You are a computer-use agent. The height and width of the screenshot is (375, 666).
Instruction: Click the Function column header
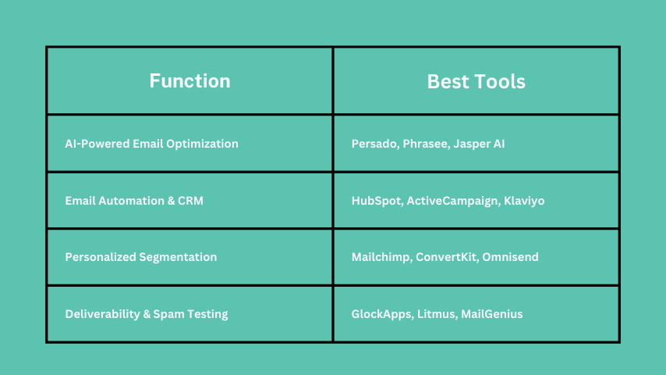coord(190,81)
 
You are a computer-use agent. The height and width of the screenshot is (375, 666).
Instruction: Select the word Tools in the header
coord(498,81)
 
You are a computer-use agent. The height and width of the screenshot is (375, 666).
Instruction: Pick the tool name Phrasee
coord(426,144)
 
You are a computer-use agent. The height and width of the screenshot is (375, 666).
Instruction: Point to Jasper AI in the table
coord(479,144)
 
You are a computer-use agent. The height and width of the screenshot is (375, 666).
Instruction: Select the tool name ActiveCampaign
coord(453,201)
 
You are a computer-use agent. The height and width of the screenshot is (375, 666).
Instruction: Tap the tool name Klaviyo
coord(524,201)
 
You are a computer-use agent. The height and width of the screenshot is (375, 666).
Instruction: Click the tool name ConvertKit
coord(447,257)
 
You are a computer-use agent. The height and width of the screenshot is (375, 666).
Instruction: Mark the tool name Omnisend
coord(510,257)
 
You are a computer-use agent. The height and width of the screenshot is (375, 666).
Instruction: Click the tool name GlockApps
coord(382,314)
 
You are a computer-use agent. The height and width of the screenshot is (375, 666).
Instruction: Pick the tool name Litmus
coord(437,314)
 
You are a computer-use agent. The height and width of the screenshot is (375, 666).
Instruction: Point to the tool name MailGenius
coord(492,314)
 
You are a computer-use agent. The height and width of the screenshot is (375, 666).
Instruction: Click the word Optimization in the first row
coord(202,144)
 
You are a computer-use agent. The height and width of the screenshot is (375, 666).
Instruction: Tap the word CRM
coord(190,201)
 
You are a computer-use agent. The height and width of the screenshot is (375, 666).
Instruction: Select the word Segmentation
coord(178,257)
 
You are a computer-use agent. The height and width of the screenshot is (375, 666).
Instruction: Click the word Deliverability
coord(102,314)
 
